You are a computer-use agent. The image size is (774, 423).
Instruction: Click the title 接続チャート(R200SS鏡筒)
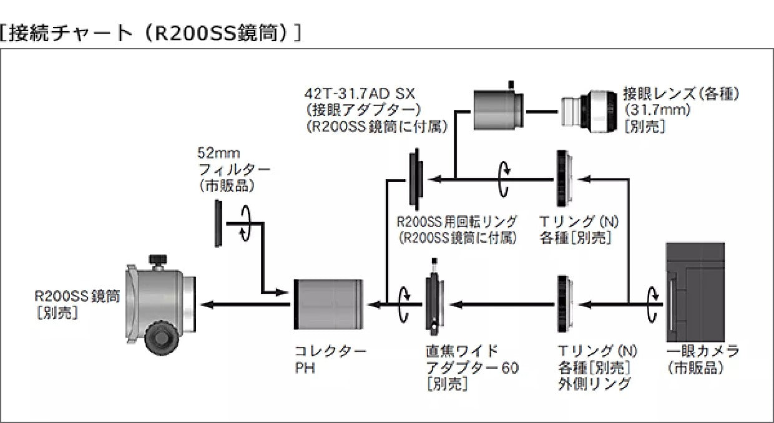150,32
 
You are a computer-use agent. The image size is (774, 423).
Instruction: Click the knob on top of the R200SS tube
156,259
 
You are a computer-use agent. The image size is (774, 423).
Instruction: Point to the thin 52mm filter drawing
218,223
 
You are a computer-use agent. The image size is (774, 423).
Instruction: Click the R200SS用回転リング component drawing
416,179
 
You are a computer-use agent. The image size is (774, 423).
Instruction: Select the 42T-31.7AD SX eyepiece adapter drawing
498,110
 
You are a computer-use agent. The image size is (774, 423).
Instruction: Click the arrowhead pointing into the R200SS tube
208,304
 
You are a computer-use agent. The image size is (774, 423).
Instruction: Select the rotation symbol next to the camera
653,304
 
